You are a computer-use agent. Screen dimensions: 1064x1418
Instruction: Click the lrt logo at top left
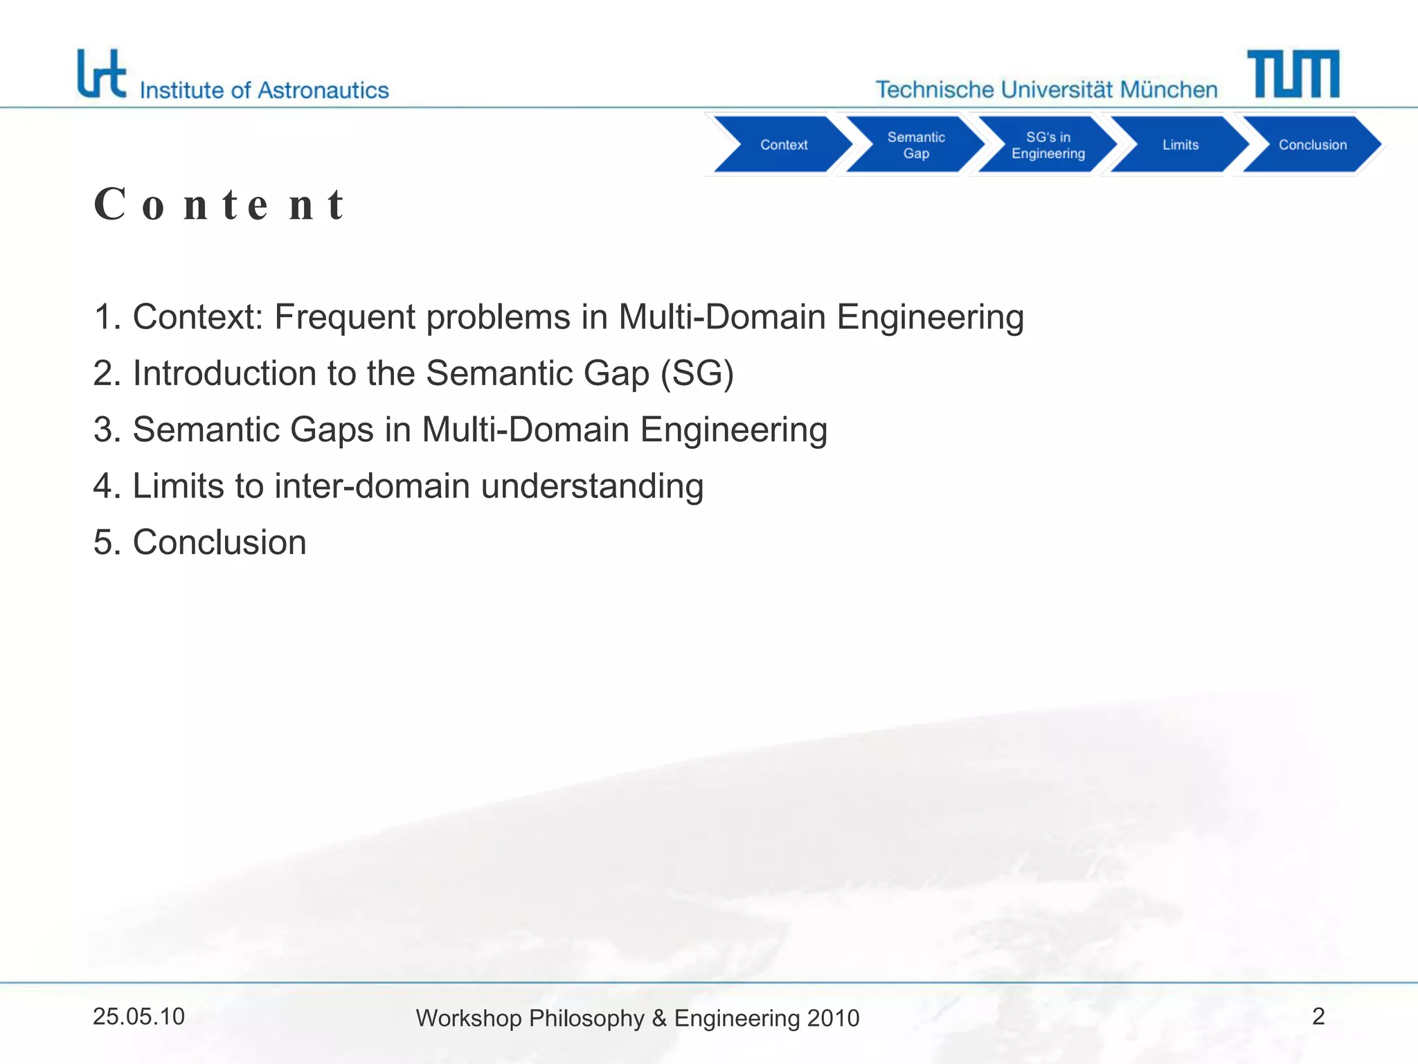click(x=102, y=73)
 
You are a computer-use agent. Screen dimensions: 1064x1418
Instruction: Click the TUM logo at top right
click(x=1293, y=73)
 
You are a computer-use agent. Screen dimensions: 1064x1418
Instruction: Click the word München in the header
click(x=1169, y=90)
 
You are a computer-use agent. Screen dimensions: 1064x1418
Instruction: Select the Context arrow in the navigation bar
click(x=783, y=145)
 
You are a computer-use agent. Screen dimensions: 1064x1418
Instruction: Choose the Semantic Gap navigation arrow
click(x=915, y=145)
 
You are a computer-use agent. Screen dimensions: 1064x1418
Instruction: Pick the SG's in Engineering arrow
click(x=1048, y=145)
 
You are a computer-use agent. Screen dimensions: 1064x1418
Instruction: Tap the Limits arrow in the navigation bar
click(x=1180, y=145)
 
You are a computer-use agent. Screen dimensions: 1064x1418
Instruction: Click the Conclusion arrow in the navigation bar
click(x=1312, y=145)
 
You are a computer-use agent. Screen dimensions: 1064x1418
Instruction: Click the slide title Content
click(x=219, y=205)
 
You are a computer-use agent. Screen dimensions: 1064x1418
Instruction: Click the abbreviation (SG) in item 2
click(x=697, y=373)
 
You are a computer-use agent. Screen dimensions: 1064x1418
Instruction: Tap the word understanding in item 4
click(x=592, y=486)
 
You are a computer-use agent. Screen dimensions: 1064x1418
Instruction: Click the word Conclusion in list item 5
click(x=219, y=542)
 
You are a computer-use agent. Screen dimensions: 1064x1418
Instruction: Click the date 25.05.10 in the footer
click(x=138, y=1017)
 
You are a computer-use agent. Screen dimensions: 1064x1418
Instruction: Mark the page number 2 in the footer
click(x=1318, y=1016)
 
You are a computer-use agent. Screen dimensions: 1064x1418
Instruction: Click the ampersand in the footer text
click(x=658, y=1018)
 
